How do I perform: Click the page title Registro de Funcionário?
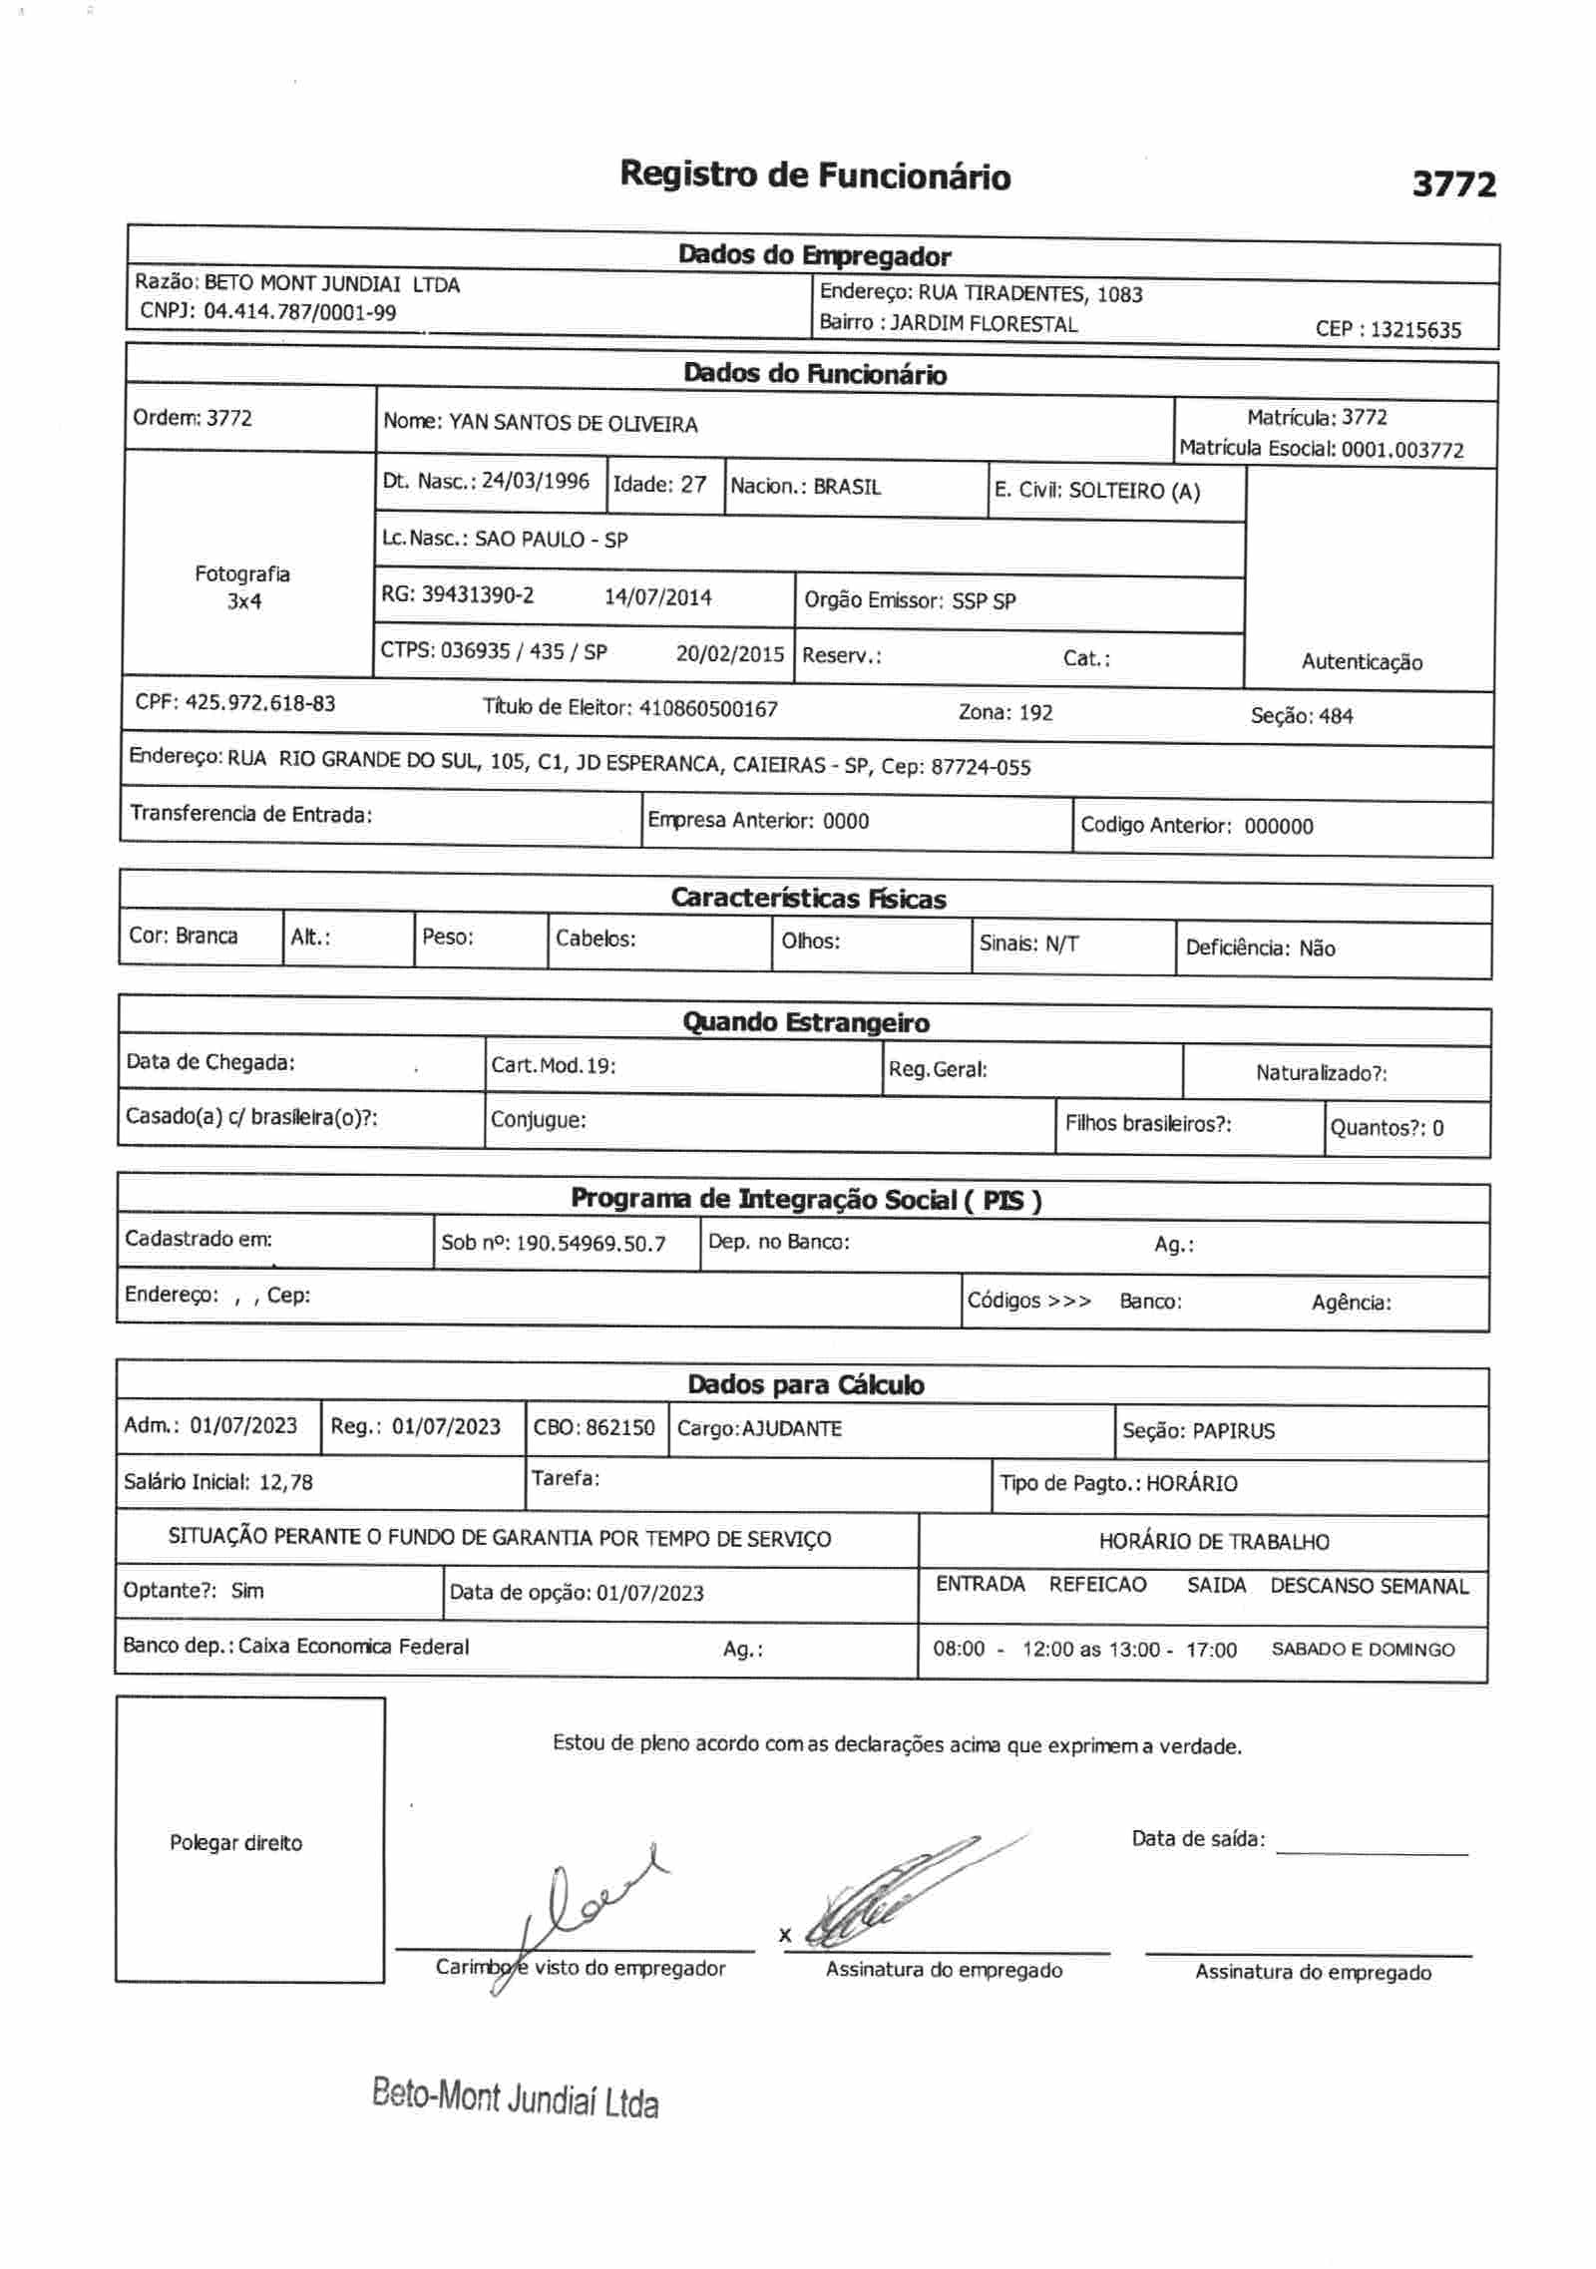[814, 176]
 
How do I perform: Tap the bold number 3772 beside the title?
[1453, 185]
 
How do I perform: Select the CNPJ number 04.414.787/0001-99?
[299, 312]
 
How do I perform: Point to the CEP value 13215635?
[1415, 330]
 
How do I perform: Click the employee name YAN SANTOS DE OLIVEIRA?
[573, 424]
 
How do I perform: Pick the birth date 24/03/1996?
[536, 481]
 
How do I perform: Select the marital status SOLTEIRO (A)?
[1134, 491]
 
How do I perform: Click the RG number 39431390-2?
[478, 595]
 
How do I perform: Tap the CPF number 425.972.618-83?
[260, 703]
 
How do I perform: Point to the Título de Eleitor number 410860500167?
[708, 709]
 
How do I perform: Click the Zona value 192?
[1035, 713]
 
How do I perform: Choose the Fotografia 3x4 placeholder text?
[242, 587]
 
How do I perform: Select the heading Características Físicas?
[808, 899]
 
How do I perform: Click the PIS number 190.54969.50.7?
[591, 1244]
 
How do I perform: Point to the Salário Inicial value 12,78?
[286, 1482]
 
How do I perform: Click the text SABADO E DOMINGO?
[1363, 1650]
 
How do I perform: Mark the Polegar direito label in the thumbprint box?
[235, 1843]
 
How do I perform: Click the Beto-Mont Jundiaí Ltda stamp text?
[515, 2098]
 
